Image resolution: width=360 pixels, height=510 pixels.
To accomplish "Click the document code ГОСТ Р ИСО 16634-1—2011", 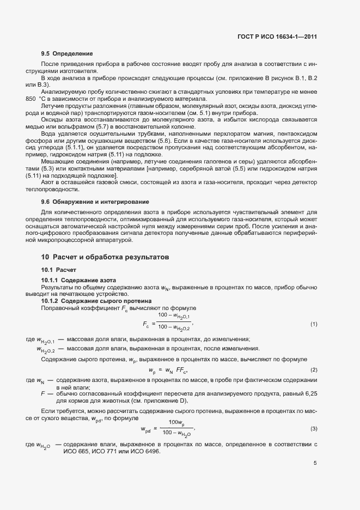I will (x=278, y=37).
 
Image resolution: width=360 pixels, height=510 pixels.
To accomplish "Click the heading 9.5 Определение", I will (x=68, y=54).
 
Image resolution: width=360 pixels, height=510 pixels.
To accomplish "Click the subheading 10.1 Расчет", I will (x=59, y=270).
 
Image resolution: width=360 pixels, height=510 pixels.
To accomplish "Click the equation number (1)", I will (x=314, y=324).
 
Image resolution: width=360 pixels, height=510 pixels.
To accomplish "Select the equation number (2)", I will (x=314, y=370).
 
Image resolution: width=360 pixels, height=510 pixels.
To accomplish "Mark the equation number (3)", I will (x=314, y=429).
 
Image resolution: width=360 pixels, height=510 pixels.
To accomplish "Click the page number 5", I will (x=315, y=463).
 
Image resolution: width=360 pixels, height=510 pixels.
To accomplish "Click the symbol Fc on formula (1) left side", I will (x=147, y=325).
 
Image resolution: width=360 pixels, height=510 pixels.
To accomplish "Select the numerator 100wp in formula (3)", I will (x=175, y=422).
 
